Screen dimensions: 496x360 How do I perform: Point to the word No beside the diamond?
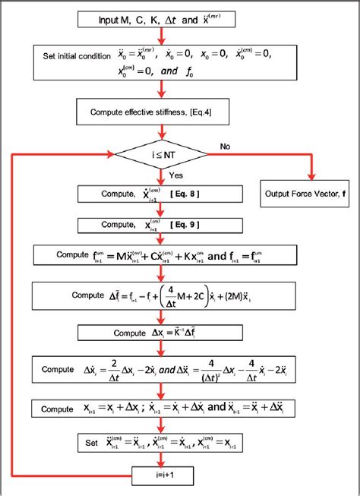click(x=225, y=144)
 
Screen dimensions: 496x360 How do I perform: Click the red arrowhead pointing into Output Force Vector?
click(x=311, y=176)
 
